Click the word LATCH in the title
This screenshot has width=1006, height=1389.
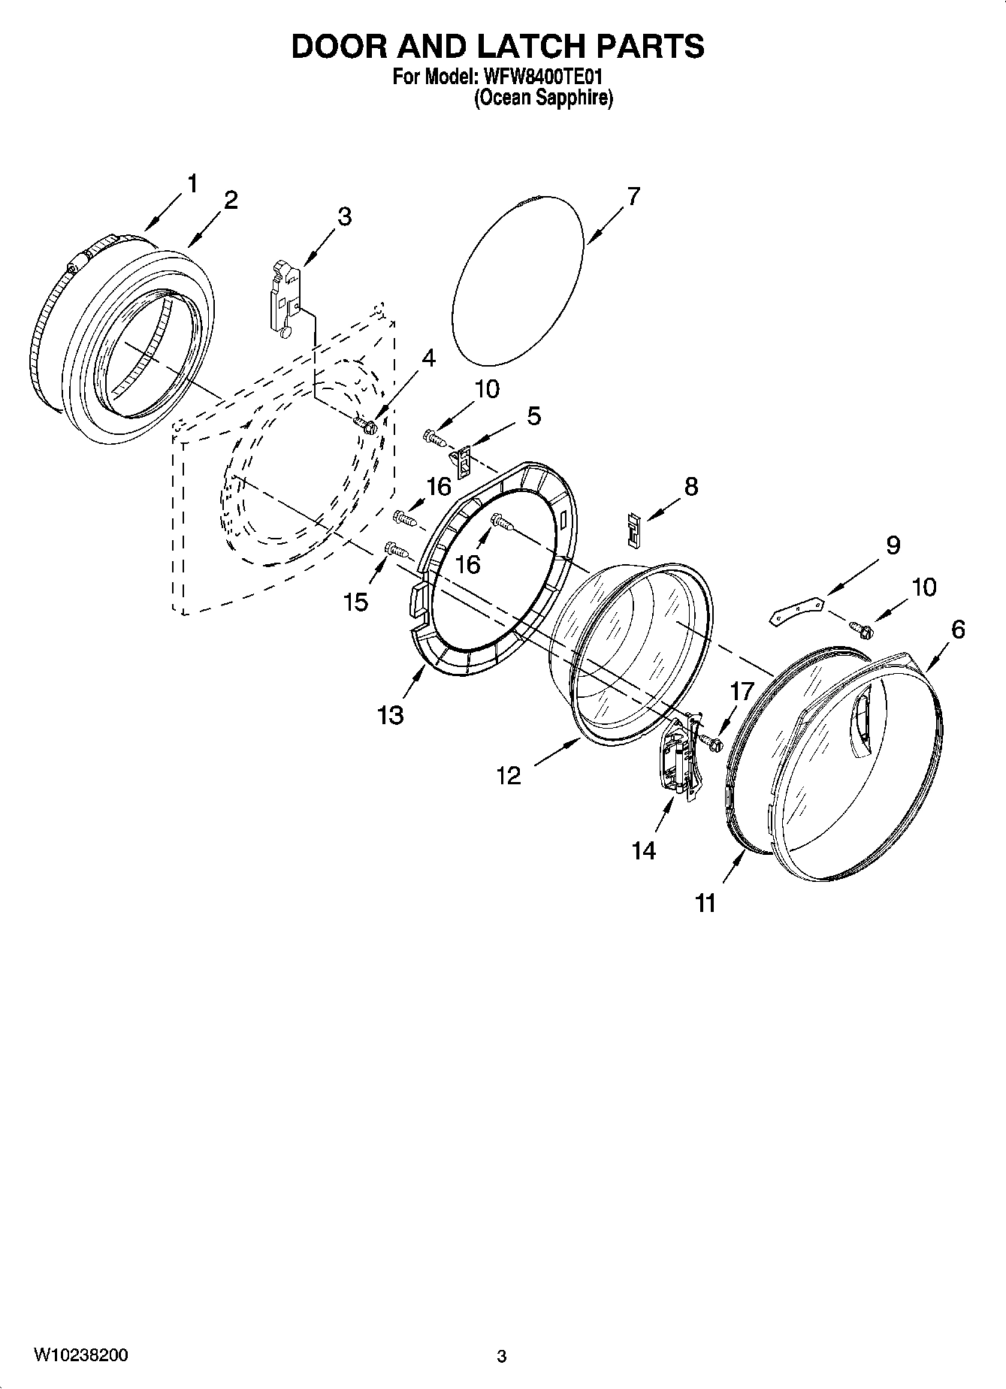[515, 47]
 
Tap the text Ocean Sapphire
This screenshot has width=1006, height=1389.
[542, 98]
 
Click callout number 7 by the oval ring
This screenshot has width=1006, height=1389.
[633, 197]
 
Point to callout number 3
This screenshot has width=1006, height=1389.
[343, 216]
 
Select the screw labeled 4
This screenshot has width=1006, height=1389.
[369, 427]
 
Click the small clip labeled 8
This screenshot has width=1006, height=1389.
[634, 530]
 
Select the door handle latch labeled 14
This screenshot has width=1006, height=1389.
[679, 759]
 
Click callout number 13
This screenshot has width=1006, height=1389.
[391, 715]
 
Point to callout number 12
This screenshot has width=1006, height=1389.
[509, 775]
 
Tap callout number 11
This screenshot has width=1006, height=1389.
[705, 903]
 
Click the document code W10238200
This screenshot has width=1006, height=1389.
[81, 1355]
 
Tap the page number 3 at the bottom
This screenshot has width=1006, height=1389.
[502, 1357]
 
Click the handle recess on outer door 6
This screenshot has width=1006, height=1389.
[860, 723]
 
